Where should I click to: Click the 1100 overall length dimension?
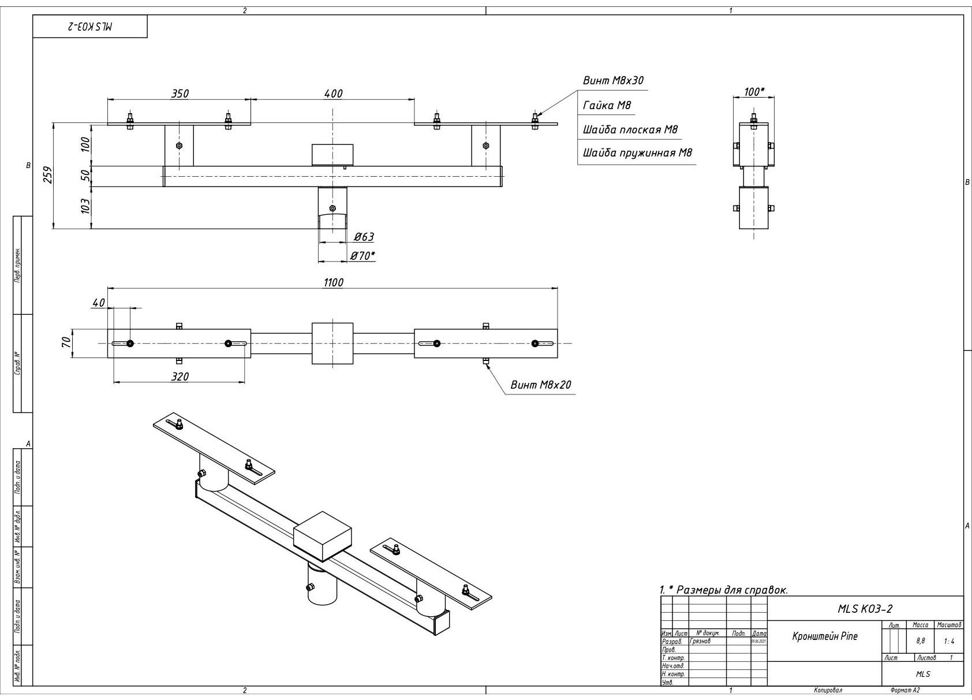333,282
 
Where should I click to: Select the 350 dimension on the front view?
180,94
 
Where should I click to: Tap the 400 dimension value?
333,94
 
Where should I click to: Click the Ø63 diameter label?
364,236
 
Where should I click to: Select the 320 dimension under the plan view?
180,377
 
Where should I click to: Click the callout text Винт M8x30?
612,80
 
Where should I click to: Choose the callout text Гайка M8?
607,105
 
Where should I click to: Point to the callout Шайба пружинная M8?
637,153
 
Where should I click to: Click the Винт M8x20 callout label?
540,384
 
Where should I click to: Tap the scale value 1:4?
949,641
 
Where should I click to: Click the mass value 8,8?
921,641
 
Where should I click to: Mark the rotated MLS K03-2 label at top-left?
90,27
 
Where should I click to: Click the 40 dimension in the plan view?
99,303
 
